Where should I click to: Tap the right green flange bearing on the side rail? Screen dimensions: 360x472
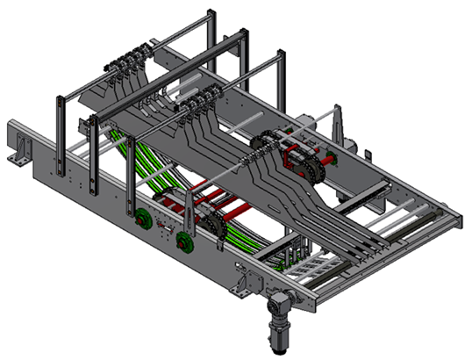(x=183, y=241)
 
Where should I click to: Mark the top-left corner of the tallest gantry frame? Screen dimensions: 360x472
(x=210, y=13)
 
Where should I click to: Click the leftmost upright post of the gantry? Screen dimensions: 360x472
(x=58, y=132)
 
